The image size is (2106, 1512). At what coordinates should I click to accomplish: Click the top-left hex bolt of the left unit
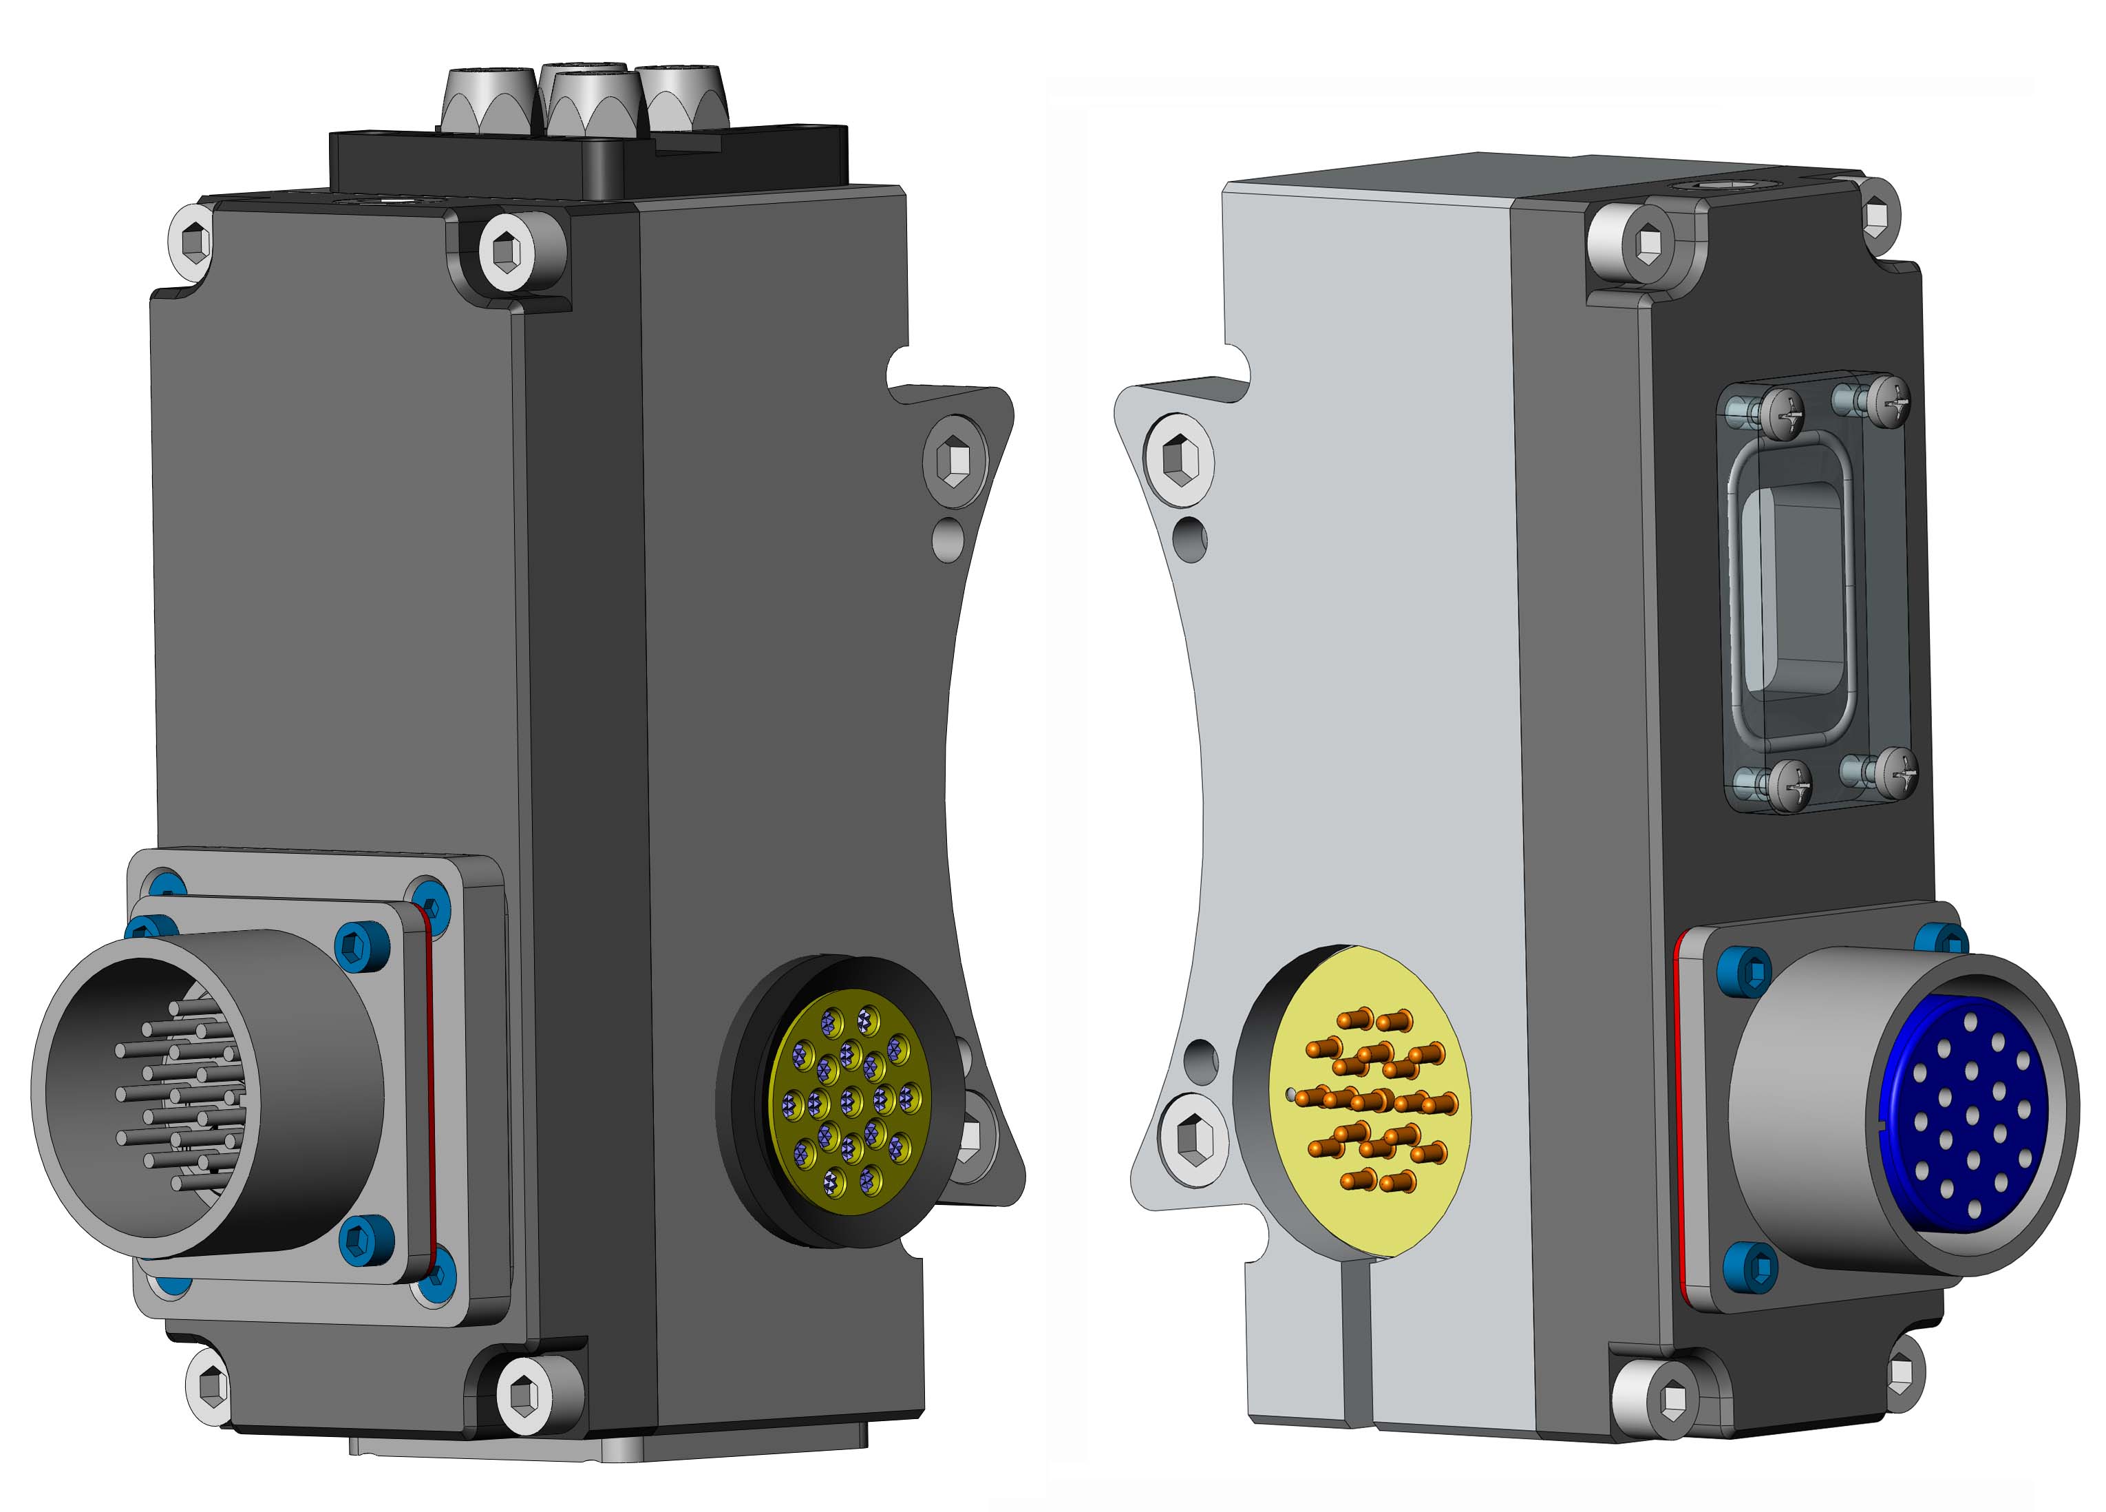coord(194,243)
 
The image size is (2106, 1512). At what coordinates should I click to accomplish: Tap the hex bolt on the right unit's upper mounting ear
coord(1178,461)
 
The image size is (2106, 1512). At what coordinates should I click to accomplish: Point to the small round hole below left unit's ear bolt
coord(946,538)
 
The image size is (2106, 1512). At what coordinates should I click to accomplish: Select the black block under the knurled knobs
coord(465,167)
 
